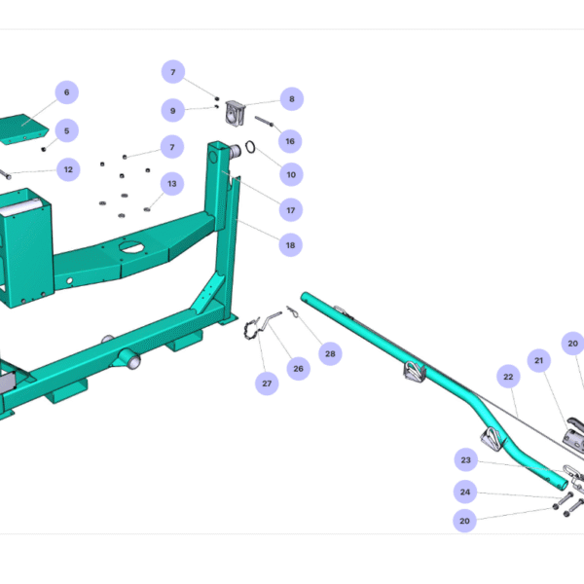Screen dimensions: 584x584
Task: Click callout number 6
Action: tap(66, 92)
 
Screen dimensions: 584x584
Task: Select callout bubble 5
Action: tap(66, 129)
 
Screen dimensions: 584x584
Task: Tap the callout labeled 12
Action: tap(66, 169)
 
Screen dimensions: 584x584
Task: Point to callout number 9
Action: tap(172, 110)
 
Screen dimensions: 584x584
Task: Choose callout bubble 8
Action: tap(290, 98)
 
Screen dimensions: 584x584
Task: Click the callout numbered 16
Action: tap(289, 141)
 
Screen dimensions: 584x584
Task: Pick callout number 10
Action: tap(289, 175)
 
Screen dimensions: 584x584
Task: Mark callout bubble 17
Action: tap(289, 209)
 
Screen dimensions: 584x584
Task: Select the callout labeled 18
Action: tap(289, 245)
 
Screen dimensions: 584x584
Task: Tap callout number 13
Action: tap(172, 183)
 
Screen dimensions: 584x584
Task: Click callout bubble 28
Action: tap(330, 354)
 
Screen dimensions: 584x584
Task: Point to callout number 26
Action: tap(298, 367)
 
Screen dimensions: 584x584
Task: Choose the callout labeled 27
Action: tap(267, 383)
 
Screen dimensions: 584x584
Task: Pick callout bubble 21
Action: tap(537, 360)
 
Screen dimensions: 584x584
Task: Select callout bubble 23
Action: tap(465, 459)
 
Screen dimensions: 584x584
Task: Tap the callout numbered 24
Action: tap(465, 492)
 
